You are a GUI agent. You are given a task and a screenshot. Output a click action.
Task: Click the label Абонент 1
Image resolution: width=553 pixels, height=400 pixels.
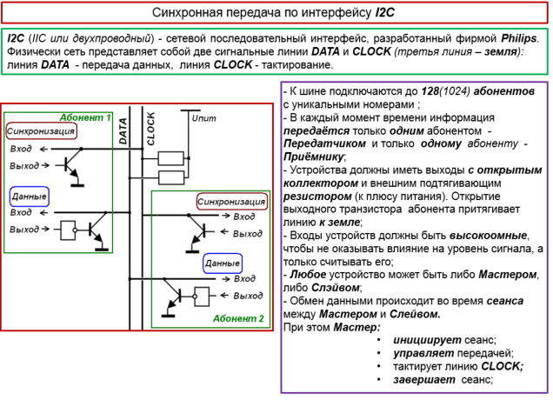[85, 117]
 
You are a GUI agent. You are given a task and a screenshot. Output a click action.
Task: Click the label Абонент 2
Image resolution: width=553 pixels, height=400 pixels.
[237, 319]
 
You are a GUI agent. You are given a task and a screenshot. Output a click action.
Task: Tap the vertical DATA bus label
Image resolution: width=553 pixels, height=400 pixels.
[123, 130]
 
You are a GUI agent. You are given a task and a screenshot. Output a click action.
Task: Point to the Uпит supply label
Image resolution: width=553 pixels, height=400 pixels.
[203, 117]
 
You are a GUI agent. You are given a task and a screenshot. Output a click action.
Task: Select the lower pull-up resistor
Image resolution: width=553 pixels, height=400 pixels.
[171, 178]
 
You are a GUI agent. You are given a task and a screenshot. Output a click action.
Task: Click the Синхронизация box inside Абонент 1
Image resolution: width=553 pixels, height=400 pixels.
[41, 131]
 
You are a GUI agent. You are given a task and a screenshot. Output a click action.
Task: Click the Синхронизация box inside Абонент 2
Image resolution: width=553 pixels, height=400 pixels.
[230, 202]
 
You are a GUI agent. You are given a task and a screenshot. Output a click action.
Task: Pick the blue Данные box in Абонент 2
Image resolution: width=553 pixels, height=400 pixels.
[223, 263]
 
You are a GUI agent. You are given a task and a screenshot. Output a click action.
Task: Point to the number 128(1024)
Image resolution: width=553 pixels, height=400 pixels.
[449, 91]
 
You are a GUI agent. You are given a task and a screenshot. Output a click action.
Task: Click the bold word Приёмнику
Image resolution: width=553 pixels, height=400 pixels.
[314, 157]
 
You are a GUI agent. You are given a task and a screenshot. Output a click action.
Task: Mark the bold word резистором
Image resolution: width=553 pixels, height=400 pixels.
[314, 197]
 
